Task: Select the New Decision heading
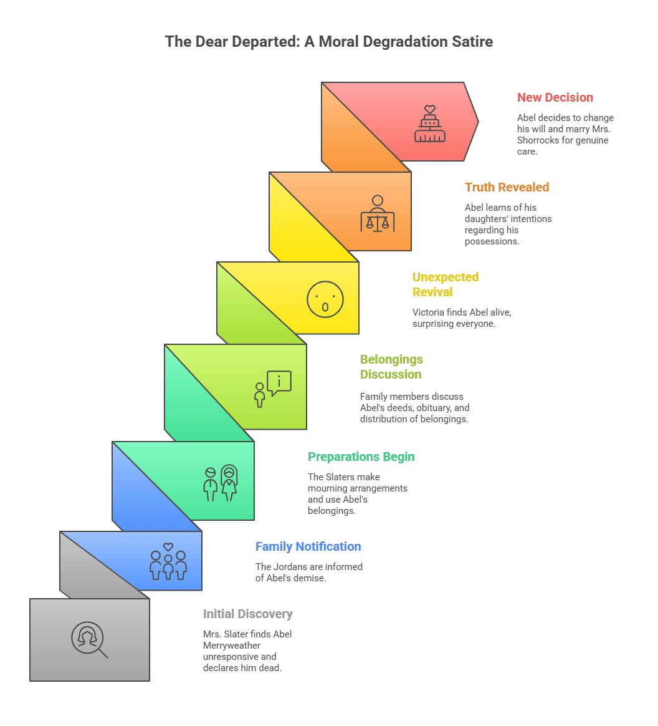(555, 97)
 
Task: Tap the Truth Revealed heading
(507, 187)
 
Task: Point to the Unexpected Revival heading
(445, 284)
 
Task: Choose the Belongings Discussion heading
(391, 367)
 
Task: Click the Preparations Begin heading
(361, 457)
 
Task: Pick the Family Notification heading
(308, 546)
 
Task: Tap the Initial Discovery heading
(247, 614)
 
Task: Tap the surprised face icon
(325, 299)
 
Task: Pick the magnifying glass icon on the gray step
(89, 640)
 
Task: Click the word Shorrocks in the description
(541, 140)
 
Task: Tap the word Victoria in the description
(429, 312)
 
